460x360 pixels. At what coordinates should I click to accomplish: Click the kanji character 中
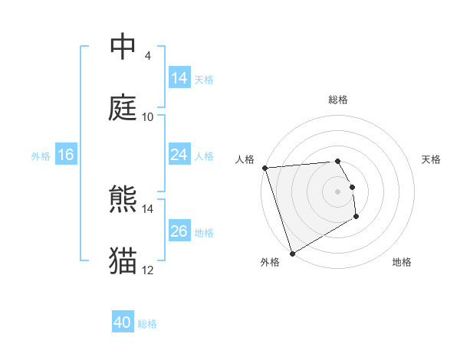click(x=123, y=47)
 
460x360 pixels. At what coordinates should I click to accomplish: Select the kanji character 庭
click(x=123, y=108)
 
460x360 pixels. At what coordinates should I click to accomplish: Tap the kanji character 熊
click(x=123, y=200)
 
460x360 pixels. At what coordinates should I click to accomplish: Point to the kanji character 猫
click(x=123, y=261)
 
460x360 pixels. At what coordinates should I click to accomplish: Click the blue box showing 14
click(x=179, y=78)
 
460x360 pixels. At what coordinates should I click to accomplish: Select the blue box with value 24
click(x=179, y=155)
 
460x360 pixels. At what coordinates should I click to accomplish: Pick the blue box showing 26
click(x=179, y=231)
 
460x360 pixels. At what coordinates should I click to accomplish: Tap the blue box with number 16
click(x=66, y=155)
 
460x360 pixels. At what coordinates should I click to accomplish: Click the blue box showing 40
click(x=123, y=322)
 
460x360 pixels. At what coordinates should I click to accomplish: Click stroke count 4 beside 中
click(x=147, y=56)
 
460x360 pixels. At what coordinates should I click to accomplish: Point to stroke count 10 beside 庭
click(x=148, y=117)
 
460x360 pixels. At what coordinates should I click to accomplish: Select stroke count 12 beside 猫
click(x=148, y=270)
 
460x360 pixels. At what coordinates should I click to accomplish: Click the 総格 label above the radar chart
click(x=338, y=100)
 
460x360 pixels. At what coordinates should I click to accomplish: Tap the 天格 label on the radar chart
click(x=432, y=159)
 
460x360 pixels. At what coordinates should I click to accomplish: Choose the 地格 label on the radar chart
click(x=402, y=262)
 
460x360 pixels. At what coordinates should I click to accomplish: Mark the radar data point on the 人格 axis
click(x=264, y=168)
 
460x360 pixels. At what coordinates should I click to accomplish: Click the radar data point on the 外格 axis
click(x=292, y=253)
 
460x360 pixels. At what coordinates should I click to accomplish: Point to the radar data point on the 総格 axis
click(x=337, y=161)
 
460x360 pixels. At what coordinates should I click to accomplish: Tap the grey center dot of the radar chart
click(x=337, y=191)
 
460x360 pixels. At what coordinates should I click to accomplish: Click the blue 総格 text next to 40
click(x=148, y=324)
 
